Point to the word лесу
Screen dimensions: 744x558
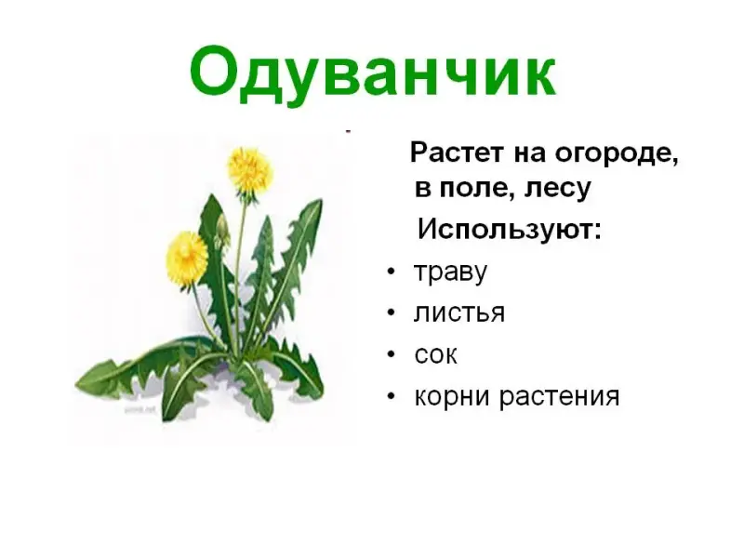[557, 190]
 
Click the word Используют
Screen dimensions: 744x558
[505, 231]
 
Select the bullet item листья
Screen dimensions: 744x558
[459, 312]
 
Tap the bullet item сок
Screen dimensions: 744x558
[435, 354]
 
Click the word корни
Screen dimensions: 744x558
[453, 396]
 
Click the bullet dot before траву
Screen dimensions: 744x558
[391, 272]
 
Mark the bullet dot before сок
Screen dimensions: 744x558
[391, 354]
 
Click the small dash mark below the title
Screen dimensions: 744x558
[348, 130]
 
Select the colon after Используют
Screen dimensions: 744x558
[597, 231]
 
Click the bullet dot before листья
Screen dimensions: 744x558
[391, 313]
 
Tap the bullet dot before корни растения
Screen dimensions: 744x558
[391, 396]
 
